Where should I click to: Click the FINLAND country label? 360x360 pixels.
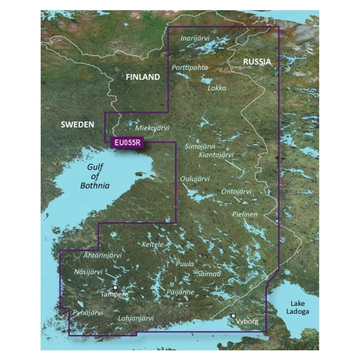point(142,77)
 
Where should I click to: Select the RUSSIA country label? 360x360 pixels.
point(257,62)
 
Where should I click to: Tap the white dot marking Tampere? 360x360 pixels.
point(115,288)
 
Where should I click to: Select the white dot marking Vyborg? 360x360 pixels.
point(233,316)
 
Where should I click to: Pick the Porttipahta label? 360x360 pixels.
point(190,68)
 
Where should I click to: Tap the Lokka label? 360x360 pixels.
point(217,88)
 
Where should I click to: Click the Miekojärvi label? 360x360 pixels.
point(152,128)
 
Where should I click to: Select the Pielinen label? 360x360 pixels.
point(245,215)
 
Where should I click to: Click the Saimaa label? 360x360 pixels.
point(209,274)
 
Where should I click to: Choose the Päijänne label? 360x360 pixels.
point(180,291)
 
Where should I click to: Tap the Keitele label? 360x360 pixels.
point(153,244)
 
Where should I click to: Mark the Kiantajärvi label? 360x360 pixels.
point(216,155)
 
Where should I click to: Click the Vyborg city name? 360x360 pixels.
point(248,322)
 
